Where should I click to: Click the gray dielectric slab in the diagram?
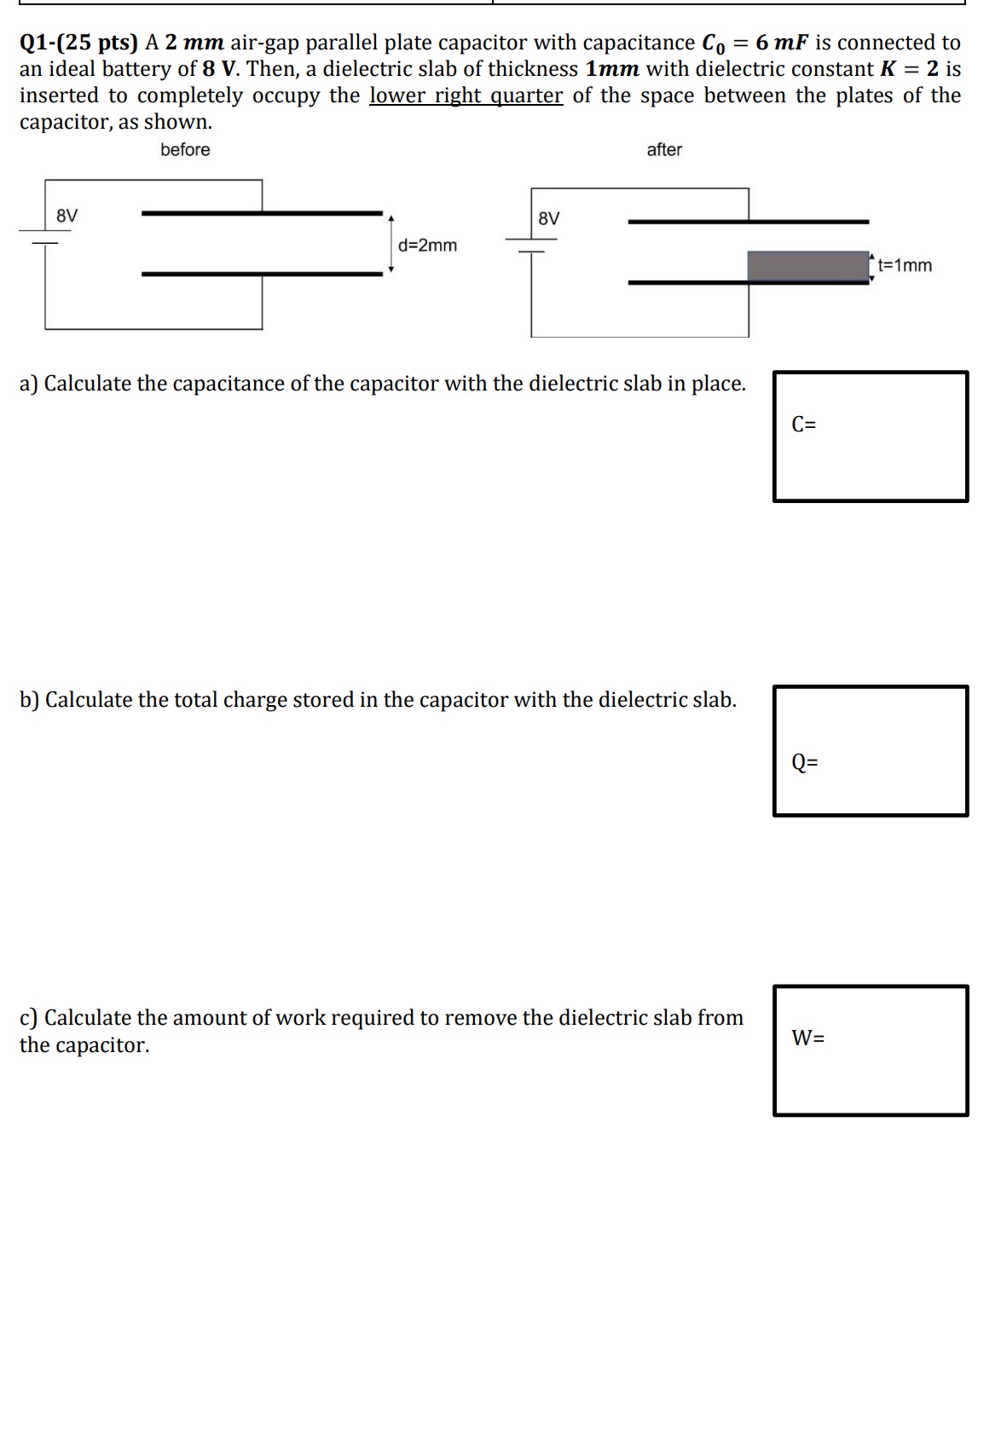point(807,265)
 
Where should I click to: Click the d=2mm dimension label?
point(427,246)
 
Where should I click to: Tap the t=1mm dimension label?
point(905,265)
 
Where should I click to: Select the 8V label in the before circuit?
point(67,216)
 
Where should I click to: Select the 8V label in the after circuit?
point(549,218)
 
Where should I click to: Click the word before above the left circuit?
point(185,150)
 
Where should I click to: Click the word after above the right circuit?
point(664,150)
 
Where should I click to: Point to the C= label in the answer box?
point(803,424)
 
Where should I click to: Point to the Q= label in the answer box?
point(804,761)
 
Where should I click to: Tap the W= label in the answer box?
point(807,1038)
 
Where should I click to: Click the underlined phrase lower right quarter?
point(466,95)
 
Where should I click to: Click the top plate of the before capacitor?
point(262,212)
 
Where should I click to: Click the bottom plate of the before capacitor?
point(262,274)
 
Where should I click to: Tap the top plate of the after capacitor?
point(748,222)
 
